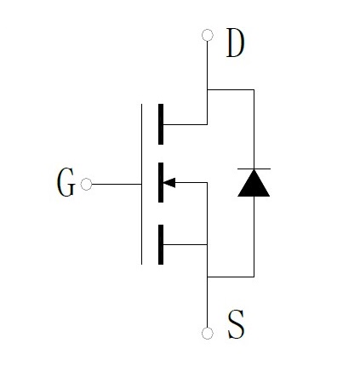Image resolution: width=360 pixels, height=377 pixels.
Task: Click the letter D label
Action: [235, 43]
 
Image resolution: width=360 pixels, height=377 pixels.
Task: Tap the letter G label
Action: [66, 182]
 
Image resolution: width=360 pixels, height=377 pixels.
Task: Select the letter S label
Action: [236, 324]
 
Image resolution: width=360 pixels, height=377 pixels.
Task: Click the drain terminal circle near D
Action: [208, 35]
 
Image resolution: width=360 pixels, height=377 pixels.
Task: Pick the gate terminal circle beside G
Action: [86, 184]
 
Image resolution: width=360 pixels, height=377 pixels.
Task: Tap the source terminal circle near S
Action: [208, 334]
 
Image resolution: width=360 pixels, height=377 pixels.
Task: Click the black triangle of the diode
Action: [254, 183]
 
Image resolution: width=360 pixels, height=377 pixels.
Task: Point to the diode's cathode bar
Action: [254, 169]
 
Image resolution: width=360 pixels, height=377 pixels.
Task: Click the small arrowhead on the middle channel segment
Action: [169, 183]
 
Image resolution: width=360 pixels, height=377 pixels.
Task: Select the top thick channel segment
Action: [161, 124]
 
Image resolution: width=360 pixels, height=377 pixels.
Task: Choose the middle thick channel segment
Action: [161, 182]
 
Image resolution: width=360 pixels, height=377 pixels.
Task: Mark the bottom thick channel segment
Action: [161, 244]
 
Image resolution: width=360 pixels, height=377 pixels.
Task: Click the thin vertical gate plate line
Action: [141, 184]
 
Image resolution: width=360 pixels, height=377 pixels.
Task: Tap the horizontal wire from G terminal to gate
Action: [117, 184]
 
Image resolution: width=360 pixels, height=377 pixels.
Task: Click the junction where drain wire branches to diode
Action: [208, 89]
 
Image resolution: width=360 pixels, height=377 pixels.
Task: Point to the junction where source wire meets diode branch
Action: [208, 277]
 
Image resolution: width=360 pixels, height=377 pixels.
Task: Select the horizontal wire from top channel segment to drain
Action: [186, 124]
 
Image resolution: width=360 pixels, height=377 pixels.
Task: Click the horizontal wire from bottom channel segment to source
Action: [186, 244]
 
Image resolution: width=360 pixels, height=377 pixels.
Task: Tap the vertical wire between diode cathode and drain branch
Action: [254, 129]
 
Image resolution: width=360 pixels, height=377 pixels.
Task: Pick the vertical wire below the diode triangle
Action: [254, 237]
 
